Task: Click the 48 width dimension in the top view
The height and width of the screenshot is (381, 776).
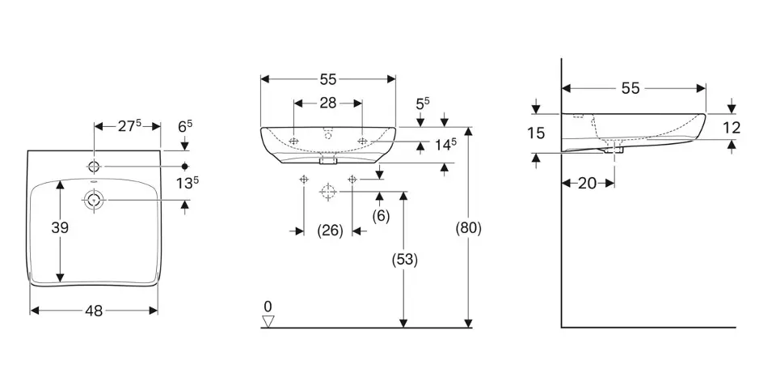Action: click(x=94, y=311)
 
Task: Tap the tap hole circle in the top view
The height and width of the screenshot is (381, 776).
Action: click(x=95, y=167)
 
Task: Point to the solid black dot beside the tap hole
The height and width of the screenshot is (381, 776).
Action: click(x=184, y=167)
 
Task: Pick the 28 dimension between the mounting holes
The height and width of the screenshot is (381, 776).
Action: click(x=327, y=103)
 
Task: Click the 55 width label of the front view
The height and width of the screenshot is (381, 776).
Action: click(x=327, y=79)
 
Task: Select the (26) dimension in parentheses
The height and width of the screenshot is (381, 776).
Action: click(x=329, y=231)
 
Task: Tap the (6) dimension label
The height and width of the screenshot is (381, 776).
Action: click(x=381, y=215)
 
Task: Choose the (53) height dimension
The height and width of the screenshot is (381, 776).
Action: click(x=404, y=260)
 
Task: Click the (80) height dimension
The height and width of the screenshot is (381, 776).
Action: click(x=469, y=228)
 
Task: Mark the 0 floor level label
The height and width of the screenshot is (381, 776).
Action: click(x=268, y=307)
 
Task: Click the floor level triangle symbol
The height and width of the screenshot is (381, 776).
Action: click(x=268, y=322)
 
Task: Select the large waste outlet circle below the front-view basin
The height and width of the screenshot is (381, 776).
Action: click(x=327, y=192)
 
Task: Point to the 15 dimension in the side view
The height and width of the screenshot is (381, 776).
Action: click(x=536, y=133)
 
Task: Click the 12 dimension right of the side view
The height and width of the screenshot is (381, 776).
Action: click(x=731, y=127)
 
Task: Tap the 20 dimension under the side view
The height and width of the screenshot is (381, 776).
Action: click(x=588, y=184)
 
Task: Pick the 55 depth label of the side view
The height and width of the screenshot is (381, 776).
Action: click(x=630, y=88)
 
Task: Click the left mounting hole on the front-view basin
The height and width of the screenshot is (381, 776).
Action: click(x=293, y=142)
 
